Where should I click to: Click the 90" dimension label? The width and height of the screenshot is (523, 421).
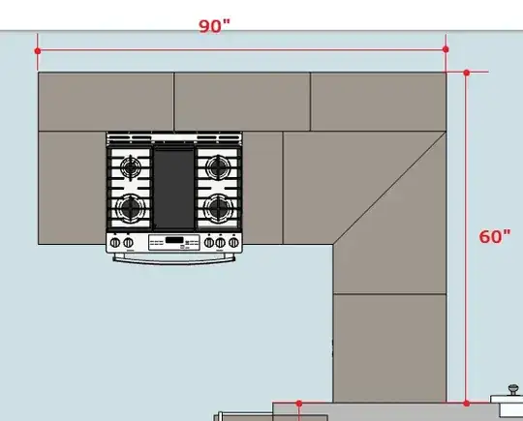coord(215,26)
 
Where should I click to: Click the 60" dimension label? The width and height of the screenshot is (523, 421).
coord(495,238)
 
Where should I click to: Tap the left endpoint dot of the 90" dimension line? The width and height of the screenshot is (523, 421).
coord(38,49)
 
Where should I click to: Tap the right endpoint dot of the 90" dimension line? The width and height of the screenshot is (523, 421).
coord(446,49)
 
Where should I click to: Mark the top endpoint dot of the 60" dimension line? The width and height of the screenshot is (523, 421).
coord(467,73)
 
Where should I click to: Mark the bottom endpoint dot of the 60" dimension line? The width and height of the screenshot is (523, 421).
coord(467,402)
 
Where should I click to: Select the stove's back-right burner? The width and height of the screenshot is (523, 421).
coord(220,167)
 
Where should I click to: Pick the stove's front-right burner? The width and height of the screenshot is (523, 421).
coord(220,206)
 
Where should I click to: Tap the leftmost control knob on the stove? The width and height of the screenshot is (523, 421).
coord(115,242)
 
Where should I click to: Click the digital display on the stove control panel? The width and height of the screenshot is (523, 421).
coord(174,241)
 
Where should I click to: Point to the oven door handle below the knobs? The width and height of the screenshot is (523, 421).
coord(174,257)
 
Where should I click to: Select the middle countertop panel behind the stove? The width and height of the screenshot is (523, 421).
coord(242,102)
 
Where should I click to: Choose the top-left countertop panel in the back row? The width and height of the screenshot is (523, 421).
coord(106,102)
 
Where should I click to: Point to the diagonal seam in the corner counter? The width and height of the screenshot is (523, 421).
coord(387,189)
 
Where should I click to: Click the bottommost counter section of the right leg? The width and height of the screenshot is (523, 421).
coord(389,348)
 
